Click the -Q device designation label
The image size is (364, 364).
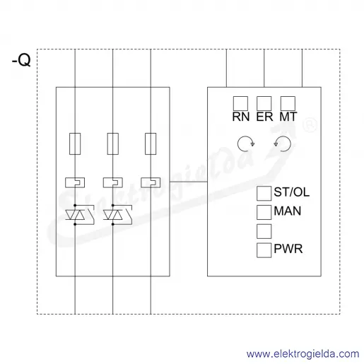(x=21, y=60)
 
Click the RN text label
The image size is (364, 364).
(x=241, y=117)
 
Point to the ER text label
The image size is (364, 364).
(x=264, y=117)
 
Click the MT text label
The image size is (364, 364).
(x=288, y=117)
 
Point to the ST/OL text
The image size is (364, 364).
(x=292, y=192)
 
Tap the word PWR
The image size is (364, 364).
(x=288, y=249)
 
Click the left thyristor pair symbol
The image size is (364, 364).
(x=75, y=215)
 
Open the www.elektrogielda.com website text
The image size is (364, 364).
(x=303, y=354)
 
